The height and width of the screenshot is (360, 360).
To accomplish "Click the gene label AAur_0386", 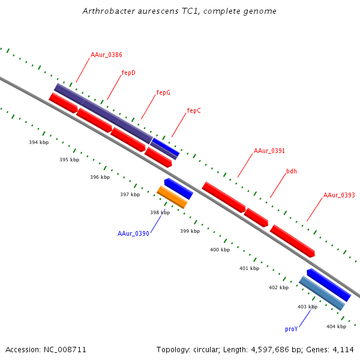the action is coord(106,55).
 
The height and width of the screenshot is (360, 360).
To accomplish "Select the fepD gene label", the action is coord(128,73).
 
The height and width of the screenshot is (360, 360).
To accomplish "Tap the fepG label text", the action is coord(163,92).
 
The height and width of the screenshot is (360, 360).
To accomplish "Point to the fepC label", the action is coord(194,110).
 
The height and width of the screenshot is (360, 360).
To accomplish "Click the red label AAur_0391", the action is coord(269,151).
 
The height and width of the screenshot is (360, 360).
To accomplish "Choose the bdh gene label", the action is coord(292,171).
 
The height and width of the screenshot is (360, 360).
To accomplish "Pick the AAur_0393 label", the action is coord(339,195).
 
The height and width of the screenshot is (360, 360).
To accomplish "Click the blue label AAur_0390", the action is coord(133,233).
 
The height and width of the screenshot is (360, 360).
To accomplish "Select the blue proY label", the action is coord(292,329).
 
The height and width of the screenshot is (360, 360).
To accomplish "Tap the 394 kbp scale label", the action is coord(39,142).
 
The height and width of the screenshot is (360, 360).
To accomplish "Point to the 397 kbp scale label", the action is coord(130,194).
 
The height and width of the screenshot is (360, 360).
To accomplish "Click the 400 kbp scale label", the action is coord(220,250).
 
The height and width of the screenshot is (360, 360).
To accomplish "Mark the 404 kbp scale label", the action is coord(336,326).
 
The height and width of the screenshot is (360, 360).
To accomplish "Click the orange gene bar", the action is coord(172,197).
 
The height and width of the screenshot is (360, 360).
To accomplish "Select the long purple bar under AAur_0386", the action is coord(103,113).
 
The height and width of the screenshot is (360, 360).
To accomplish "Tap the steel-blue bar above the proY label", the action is coord(322,293).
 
